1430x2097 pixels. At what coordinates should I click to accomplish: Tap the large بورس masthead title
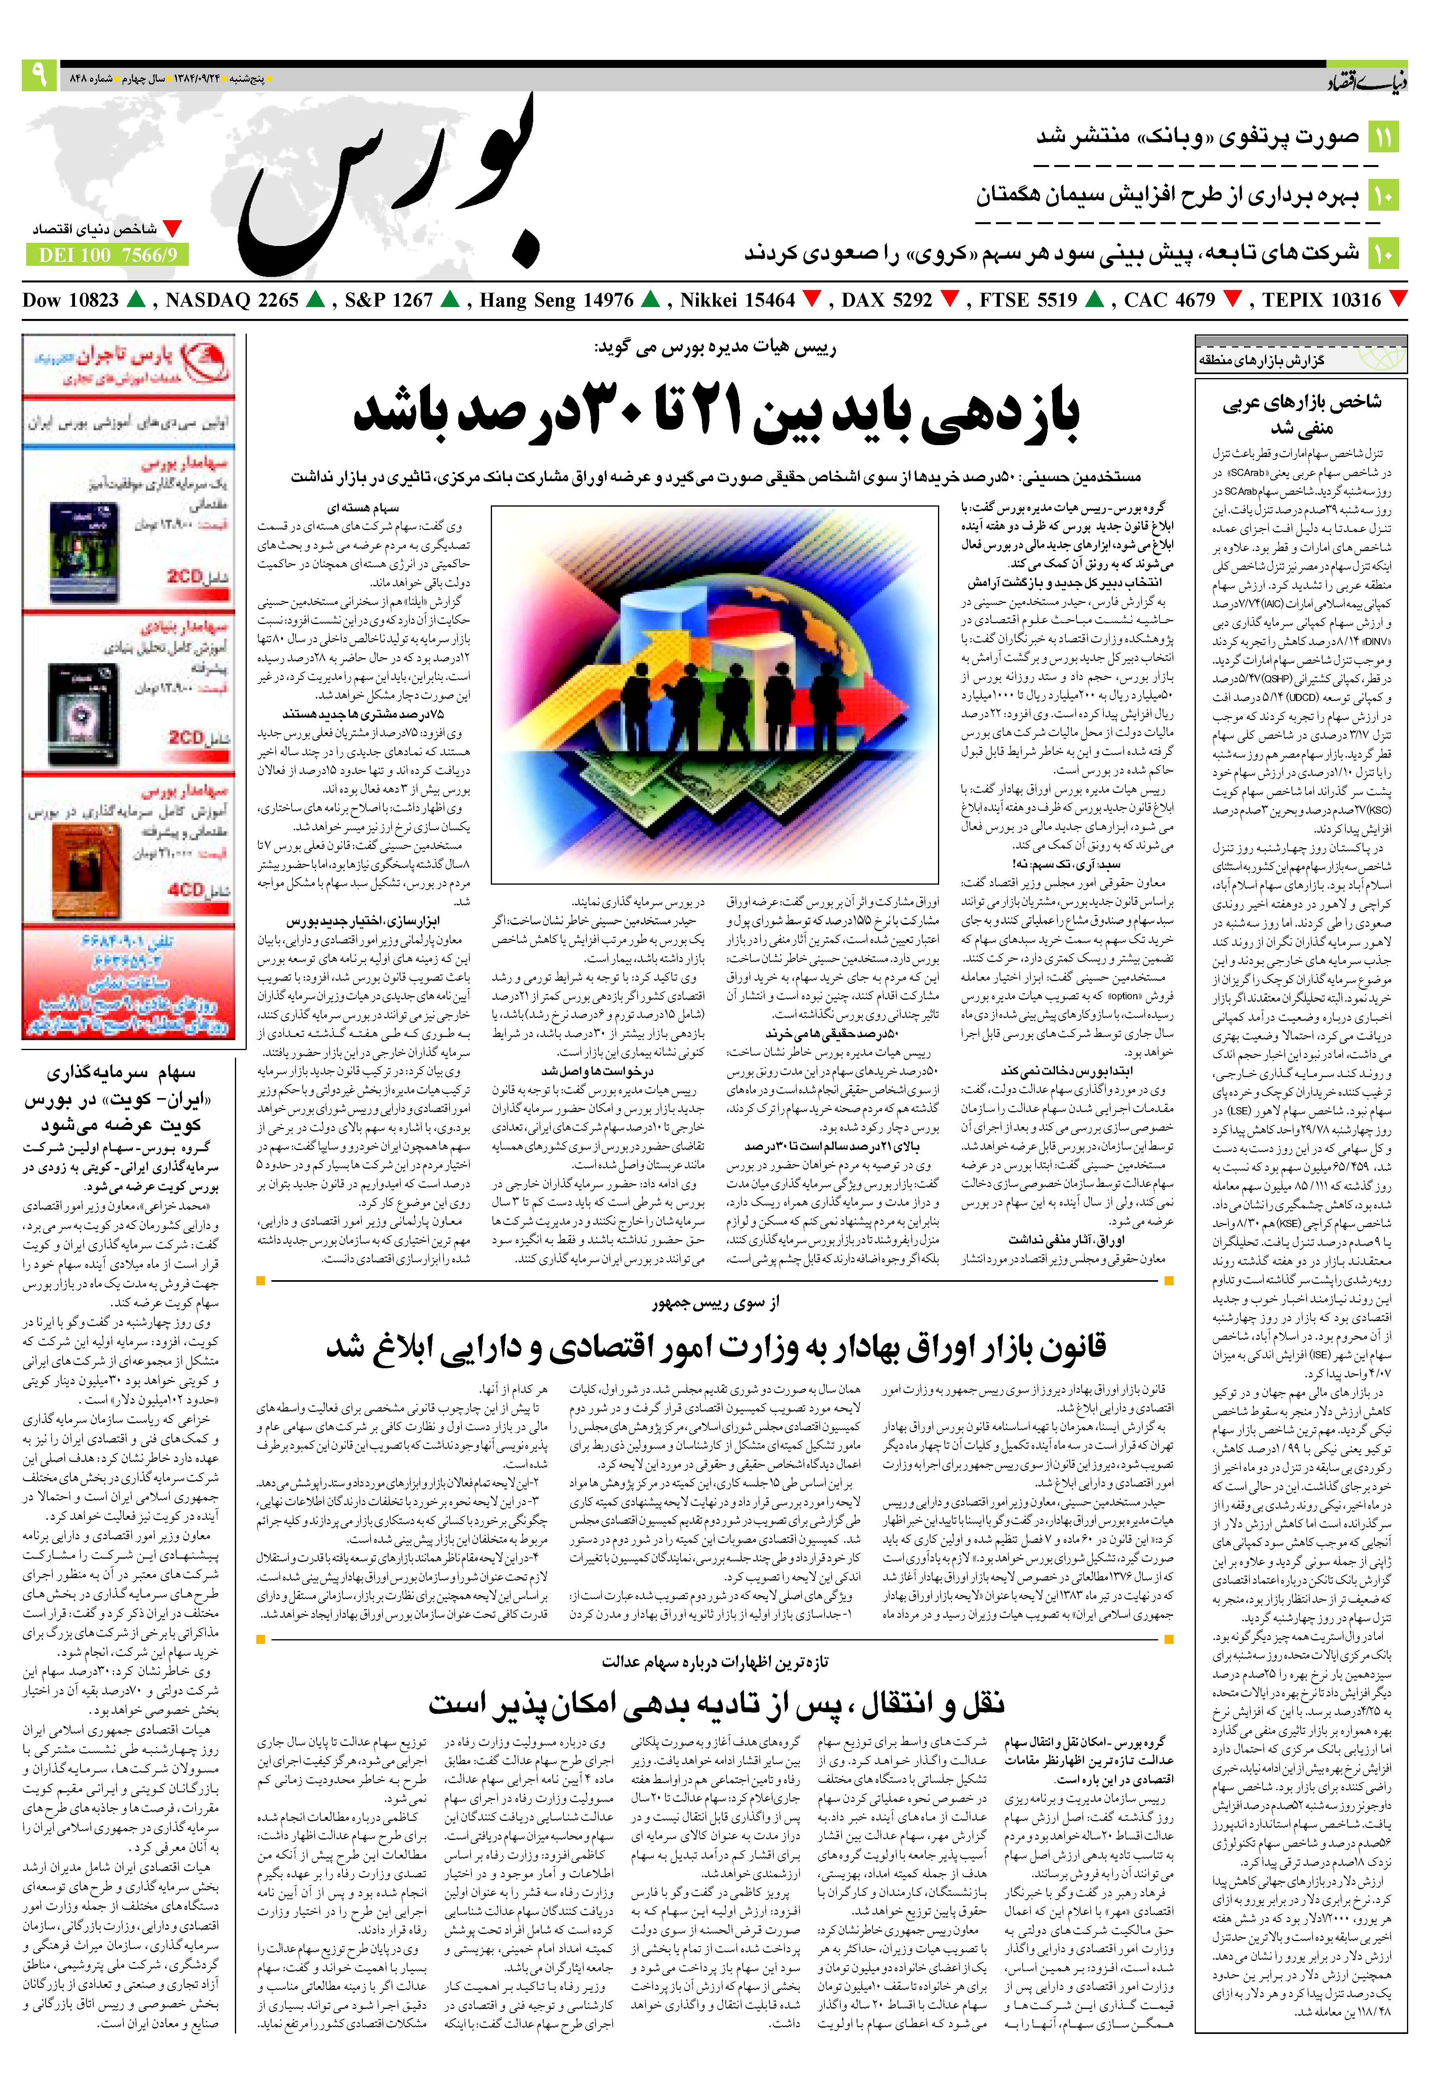394,185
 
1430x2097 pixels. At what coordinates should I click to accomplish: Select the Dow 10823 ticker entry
70,300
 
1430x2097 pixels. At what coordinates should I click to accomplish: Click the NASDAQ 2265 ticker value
231,300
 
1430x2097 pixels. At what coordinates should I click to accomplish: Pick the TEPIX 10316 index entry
1321,300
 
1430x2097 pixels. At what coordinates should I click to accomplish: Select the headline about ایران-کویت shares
122,1099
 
